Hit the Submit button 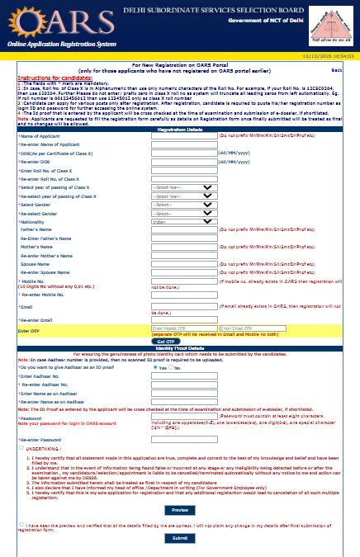(179, 537)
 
